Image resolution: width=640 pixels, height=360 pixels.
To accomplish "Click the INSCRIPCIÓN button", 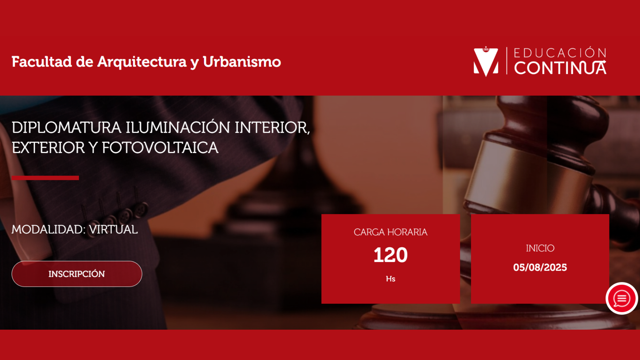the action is tap(77, 274).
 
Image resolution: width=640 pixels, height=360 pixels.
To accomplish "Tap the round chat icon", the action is tap(622, 298).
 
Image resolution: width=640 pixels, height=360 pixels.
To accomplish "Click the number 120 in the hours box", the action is tap(390, 255).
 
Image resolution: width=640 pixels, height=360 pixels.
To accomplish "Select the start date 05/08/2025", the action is tap(540, 267).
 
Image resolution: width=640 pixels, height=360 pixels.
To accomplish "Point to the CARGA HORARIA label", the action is tap(390, 232).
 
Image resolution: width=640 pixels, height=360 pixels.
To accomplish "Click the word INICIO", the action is tap(540, 248).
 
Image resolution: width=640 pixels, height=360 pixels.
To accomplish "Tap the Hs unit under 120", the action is tap(390, 279).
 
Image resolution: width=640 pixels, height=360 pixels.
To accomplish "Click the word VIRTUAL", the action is tap(113, 230).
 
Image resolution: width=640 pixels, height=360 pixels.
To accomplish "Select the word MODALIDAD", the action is tap(49, 230).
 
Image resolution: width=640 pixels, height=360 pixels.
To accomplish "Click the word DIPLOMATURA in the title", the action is tap(66, 128).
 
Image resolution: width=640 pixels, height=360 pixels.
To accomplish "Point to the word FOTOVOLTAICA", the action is tap(160, 148).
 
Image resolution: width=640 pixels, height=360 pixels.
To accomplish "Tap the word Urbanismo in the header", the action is tap(242, 62).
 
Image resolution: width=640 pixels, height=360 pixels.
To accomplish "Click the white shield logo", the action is tap(486, 62).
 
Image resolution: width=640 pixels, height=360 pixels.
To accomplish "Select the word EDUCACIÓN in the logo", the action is tap(560, 53).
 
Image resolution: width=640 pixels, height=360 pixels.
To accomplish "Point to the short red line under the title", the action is tap(45, 178).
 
